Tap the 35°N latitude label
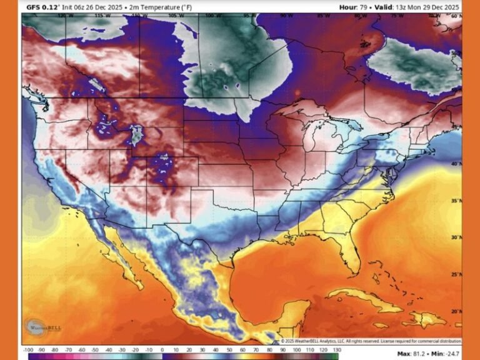coord(455,201)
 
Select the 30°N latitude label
coord(455,237)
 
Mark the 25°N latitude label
coord(455,274)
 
